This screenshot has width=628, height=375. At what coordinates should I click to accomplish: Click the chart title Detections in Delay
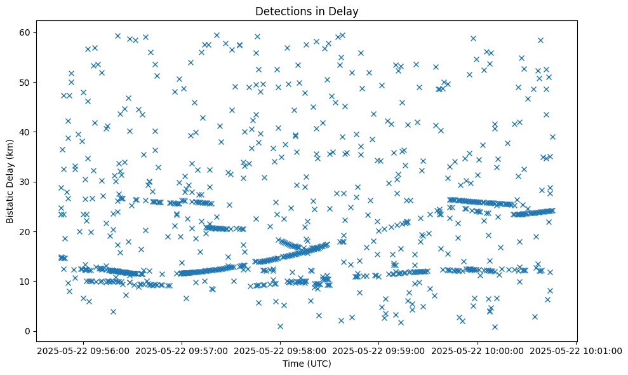pos(307,11)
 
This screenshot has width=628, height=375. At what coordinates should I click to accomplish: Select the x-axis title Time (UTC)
pos(307,364)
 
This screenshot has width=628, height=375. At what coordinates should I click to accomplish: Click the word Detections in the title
pos(283,11)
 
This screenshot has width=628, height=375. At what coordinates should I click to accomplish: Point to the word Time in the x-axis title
pos(293,364)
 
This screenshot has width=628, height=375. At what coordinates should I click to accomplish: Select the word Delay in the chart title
pos(345,11)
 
